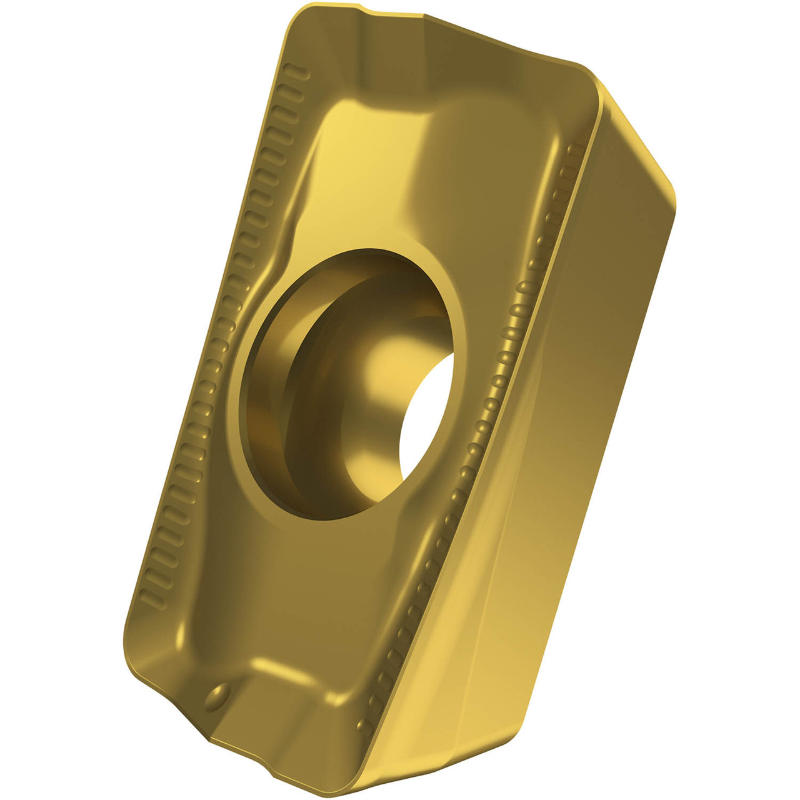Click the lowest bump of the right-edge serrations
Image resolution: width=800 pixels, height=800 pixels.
click(x=364, y=725)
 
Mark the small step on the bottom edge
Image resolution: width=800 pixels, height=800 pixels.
click(x=206, y=737)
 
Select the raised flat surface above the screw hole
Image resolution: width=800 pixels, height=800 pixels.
click(x=375, y=162)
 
